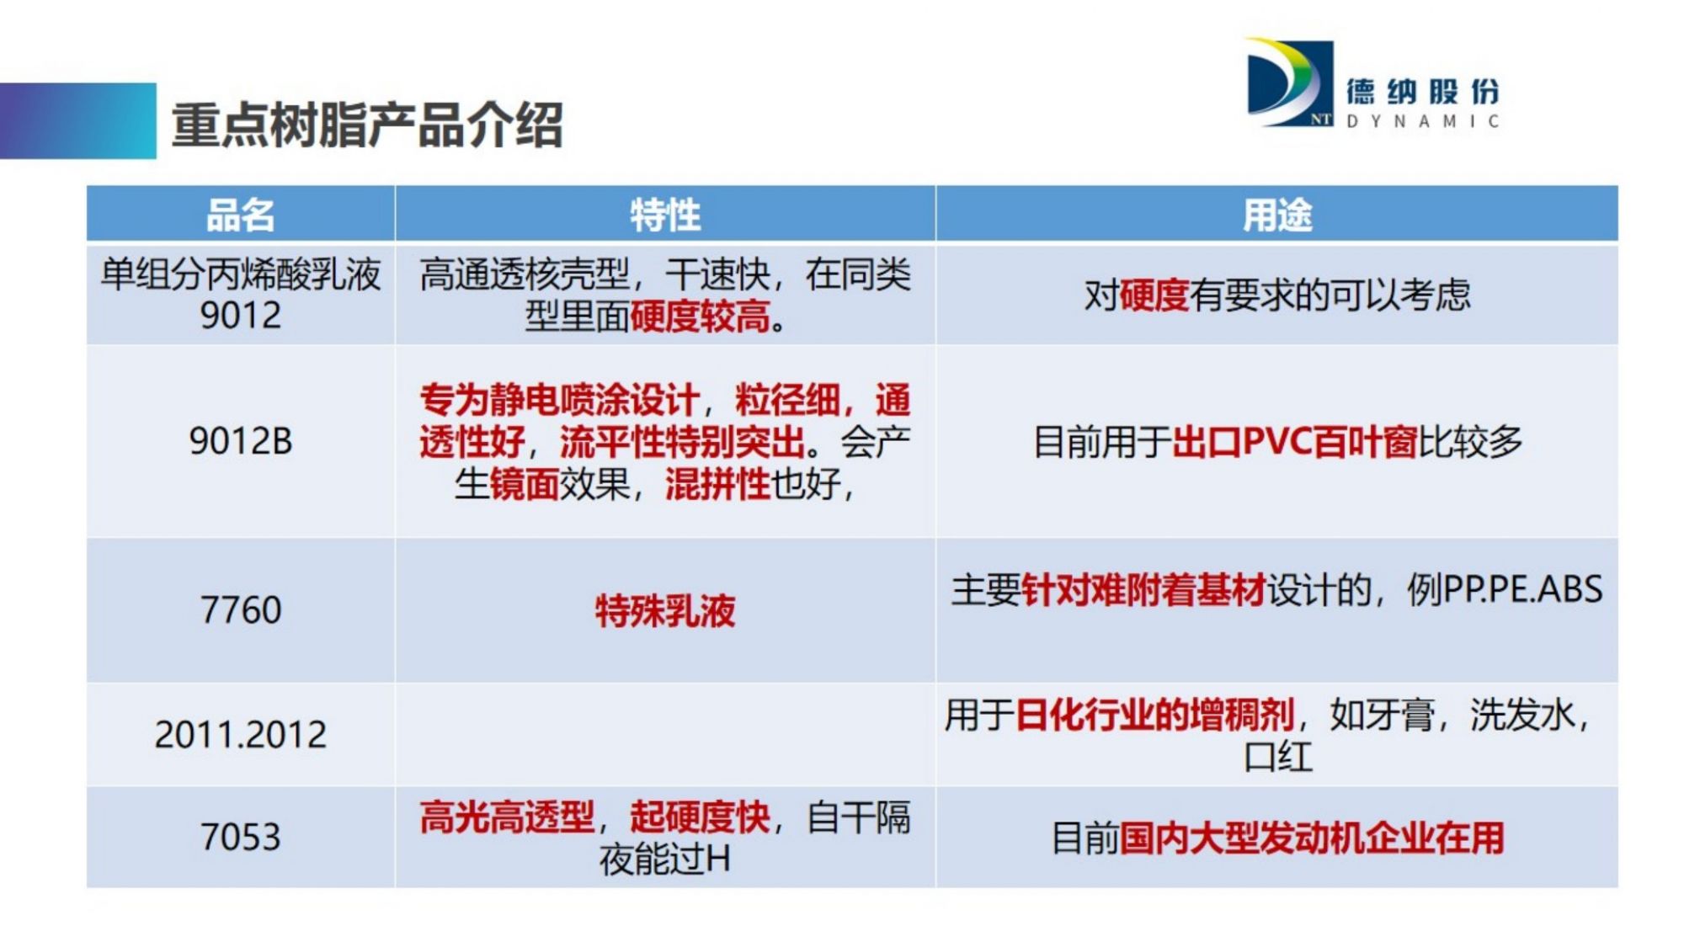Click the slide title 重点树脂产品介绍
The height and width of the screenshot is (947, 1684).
(x=367, y=125)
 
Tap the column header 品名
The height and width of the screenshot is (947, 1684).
(x=240, y=215)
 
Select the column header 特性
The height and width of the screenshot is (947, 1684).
(x=665, y=215)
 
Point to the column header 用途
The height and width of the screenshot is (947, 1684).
(x=1277, y=215)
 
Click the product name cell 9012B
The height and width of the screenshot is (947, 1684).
(x=240, y=441)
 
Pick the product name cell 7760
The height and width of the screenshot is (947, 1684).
(x=240, y=609)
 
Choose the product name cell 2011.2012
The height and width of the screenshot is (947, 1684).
(x=240, y=735)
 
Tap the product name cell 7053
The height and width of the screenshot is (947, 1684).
(x=240, y=837)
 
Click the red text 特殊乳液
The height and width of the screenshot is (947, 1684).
(x=665, y=610)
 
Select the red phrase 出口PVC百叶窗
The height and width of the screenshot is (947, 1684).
(x=1295, y=441)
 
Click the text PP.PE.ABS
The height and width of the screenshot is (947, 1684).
(x=1523, y=589)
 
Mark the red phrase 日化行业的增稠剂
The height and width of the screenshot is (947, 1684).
(x=1154, y=715)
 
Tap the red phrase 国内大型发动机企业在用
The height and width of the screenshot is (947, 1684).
(x=1312, y=838)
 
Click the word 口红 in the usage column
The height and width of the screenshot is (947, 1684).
(x=1278, y=757)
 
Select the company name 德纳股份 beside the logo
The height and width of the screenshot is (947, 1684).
(x=1422, y=92)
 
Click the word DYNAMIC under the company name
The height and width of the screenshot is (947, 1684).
(x=1422, y=121)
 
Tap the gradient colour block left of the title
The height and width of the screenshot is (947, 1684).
(x=78, y=120)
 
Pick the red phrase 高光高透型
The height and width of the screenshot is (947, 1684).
(x=507, y=817)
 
